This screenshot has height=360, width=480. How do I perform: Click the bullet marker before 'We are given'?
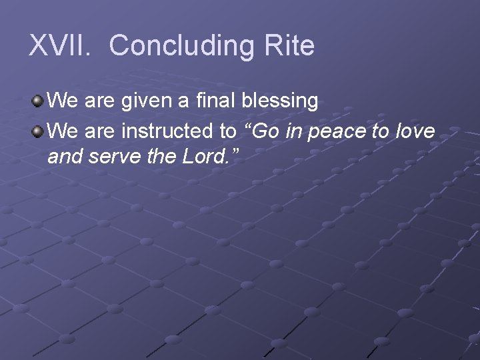pyautogui.click(x=38, y=101)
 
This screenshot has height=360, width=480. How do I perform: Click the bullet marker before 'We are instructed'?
pyautogui.click(x=38, y=131)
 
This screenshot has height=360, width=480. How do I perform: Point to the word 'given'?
pyautogui.click(x=141, y=101)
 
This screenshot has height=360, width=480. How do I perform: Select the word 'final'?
pyautogui.click(x=211, y=101)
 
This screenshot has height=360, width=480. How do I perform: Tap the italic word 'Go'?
pyautogui.click(x=264, y=131)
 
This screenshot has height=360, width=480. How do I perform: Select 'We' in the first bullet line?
pyautogui.click(x=62, y=101)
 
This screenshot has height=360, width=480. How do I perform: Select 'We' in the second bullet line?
pyautogui.click(x=62, y=131)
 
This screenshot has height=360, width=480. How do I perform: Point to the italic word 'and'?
pyautogui.click(x=65, y=157)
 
